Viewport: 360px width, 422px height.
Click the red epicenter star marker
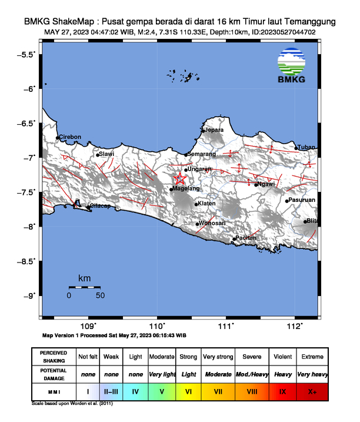(x=180, y=179)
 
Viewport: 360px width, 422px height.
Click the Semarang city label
(x=202, y=154)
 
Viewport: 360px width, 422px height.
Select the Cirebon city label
(x=71, y=137)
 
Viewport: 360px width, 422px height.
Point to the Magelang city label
(x=187, y=188)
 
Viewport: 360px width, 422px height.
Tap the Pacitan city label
(x=245, y=238)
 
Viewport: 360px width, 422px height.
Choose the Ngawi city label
(x=266, y=184)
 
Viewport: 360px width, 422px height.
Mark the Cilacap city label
(x=99, y=207)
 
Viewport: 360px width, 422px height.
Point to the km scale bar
(x=84, y=287)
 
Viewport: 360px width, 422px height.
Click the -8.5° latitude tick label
(x=27, y=260)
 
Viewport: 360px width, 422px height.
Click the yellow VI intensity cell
(x=188, y=391)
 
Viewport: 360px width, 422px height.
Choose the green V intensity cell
(x=161, y=391)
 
